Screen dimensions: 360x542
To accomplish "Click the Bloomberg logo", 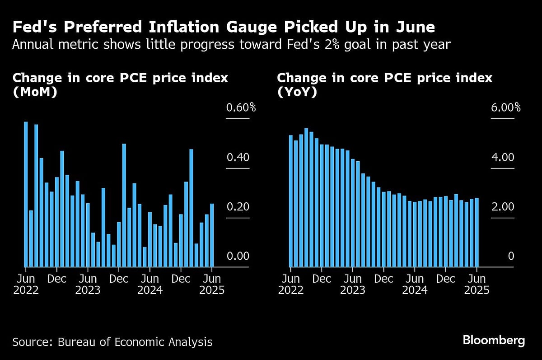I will coord(494,341).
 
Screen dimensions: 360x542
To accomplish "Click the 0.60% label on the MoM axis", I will coord(241,108).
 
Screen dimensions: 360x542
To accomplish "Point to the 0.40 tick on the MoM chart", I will coord(237,158).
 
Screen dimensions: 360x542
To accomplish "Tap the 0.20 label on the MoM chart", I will coord(237,207).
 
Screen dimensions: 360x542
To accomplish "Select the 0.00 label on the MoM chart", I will coord(237,256).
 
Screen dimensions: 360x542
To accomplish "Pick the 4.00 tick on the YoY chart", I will coord(502,158).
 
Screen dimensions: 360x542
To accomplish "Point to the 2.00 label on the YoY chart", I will coord(502,207).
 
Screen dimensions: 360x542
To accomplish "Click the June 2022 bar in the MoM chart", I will coord(26,194).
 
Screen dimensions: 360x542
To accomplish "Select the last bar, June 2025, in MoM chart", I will coord(212,235).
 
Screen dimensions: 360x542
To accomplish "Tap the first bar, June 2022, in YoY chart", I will coord(290,201).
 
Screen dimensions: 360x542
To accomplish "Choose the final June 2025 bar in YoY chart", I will coord(477,232).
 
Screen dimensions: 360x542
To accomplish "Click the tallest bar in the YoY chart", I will coord(306,197).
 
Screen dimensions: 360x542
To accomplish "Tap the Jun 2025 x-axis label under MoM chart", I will coord(212,284).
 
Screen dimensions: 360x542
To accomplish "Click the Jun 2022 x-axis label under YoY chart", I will coord(291,284).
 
